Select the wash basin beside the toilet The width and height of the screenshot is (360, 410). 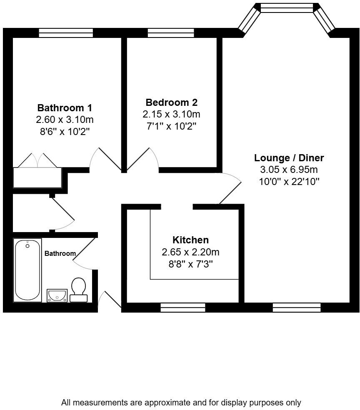(57, 295)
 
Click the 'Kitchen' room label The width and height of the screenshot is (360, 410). (190, 240)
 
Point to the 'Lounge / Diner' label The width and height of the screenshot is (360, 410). (289, 158)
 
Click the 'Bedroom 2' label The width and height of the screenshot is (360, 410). (171, 102)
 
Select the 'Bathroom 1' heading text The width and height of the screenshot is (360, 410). (65, 108)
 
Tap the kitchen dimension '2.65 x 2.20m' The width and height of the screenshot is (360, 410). (190, 252)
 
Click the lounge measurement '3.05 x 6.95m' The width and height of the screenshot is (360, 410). (289, 170)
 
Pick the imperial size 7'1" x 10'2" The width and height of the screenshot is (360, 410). (171, 126)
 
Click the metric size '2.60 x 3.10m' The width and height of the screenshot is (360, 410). (65, 120)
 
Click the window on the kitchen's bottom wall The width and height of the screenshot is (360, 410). (183, 308)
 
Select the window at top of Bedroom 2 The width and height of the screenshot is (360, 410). (170, 33)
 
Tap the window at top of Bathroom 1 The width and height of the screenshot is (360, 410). (66, 33)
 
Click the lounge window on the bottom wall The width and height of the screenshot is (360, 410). (297, 308)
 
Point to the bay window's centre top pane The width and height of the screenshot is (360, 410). (286, 7)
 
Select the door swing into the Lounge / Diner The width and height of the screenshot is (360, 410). (230, 187)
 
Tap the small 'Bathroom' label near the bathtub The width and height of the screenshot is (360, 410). (60, 253)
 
